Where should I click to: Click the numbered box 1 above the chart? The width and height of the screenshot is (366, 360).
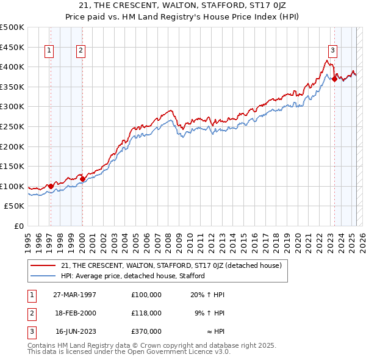pos(49,51)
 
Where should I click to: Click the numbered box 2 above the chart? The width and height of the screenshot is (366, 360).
pos(81,51)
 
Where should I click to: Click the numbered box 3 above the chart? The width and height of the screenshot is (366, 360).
pos(332,51)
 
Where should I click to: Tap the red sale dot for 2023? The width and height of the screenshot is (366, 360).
pos(334,78)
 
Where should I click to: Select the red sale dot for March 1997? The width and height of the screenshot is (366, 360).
pos(51,186)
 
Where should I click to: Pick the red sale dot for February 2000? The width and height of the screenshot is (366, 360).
pos(82,179)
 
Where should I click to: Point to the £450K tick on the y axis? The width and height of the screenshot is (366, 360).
pos(12,47)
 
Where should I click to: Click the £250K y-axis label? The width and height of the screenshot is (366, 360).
pos(12,126)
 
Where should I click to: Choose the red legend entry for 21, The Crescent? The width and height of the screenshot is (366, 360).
pos(171,265)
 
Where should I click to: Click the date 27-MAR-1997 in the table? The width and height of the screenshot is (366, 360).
pos(75,295)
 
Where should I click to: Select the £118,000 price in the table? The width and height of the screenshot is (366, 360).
pos(146,313)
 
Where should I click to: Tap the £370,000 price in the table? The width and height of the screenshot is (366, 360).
pos(146,331)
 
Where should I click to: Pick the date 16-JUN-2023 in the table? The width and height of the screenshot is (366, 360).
pos(75,331)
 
